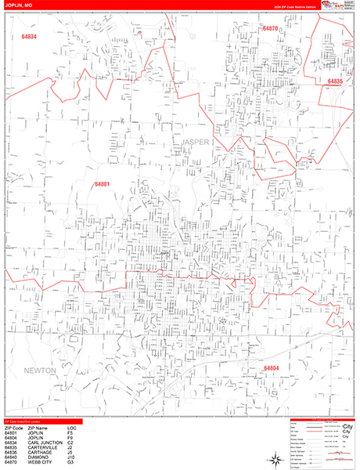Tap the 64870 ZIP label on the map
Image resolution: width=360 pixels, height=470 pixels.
point(271,28)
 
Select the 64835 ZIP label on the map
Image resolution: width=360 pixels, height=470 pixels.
point(335,81)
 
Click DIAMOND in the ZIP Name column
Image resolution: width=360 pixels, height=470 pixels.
point(35,458)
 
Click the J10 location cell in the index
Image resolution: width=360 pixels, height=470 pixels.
point(71,458)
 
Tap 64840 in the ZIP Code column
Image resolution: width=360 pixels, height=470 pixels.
point(11,458)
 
